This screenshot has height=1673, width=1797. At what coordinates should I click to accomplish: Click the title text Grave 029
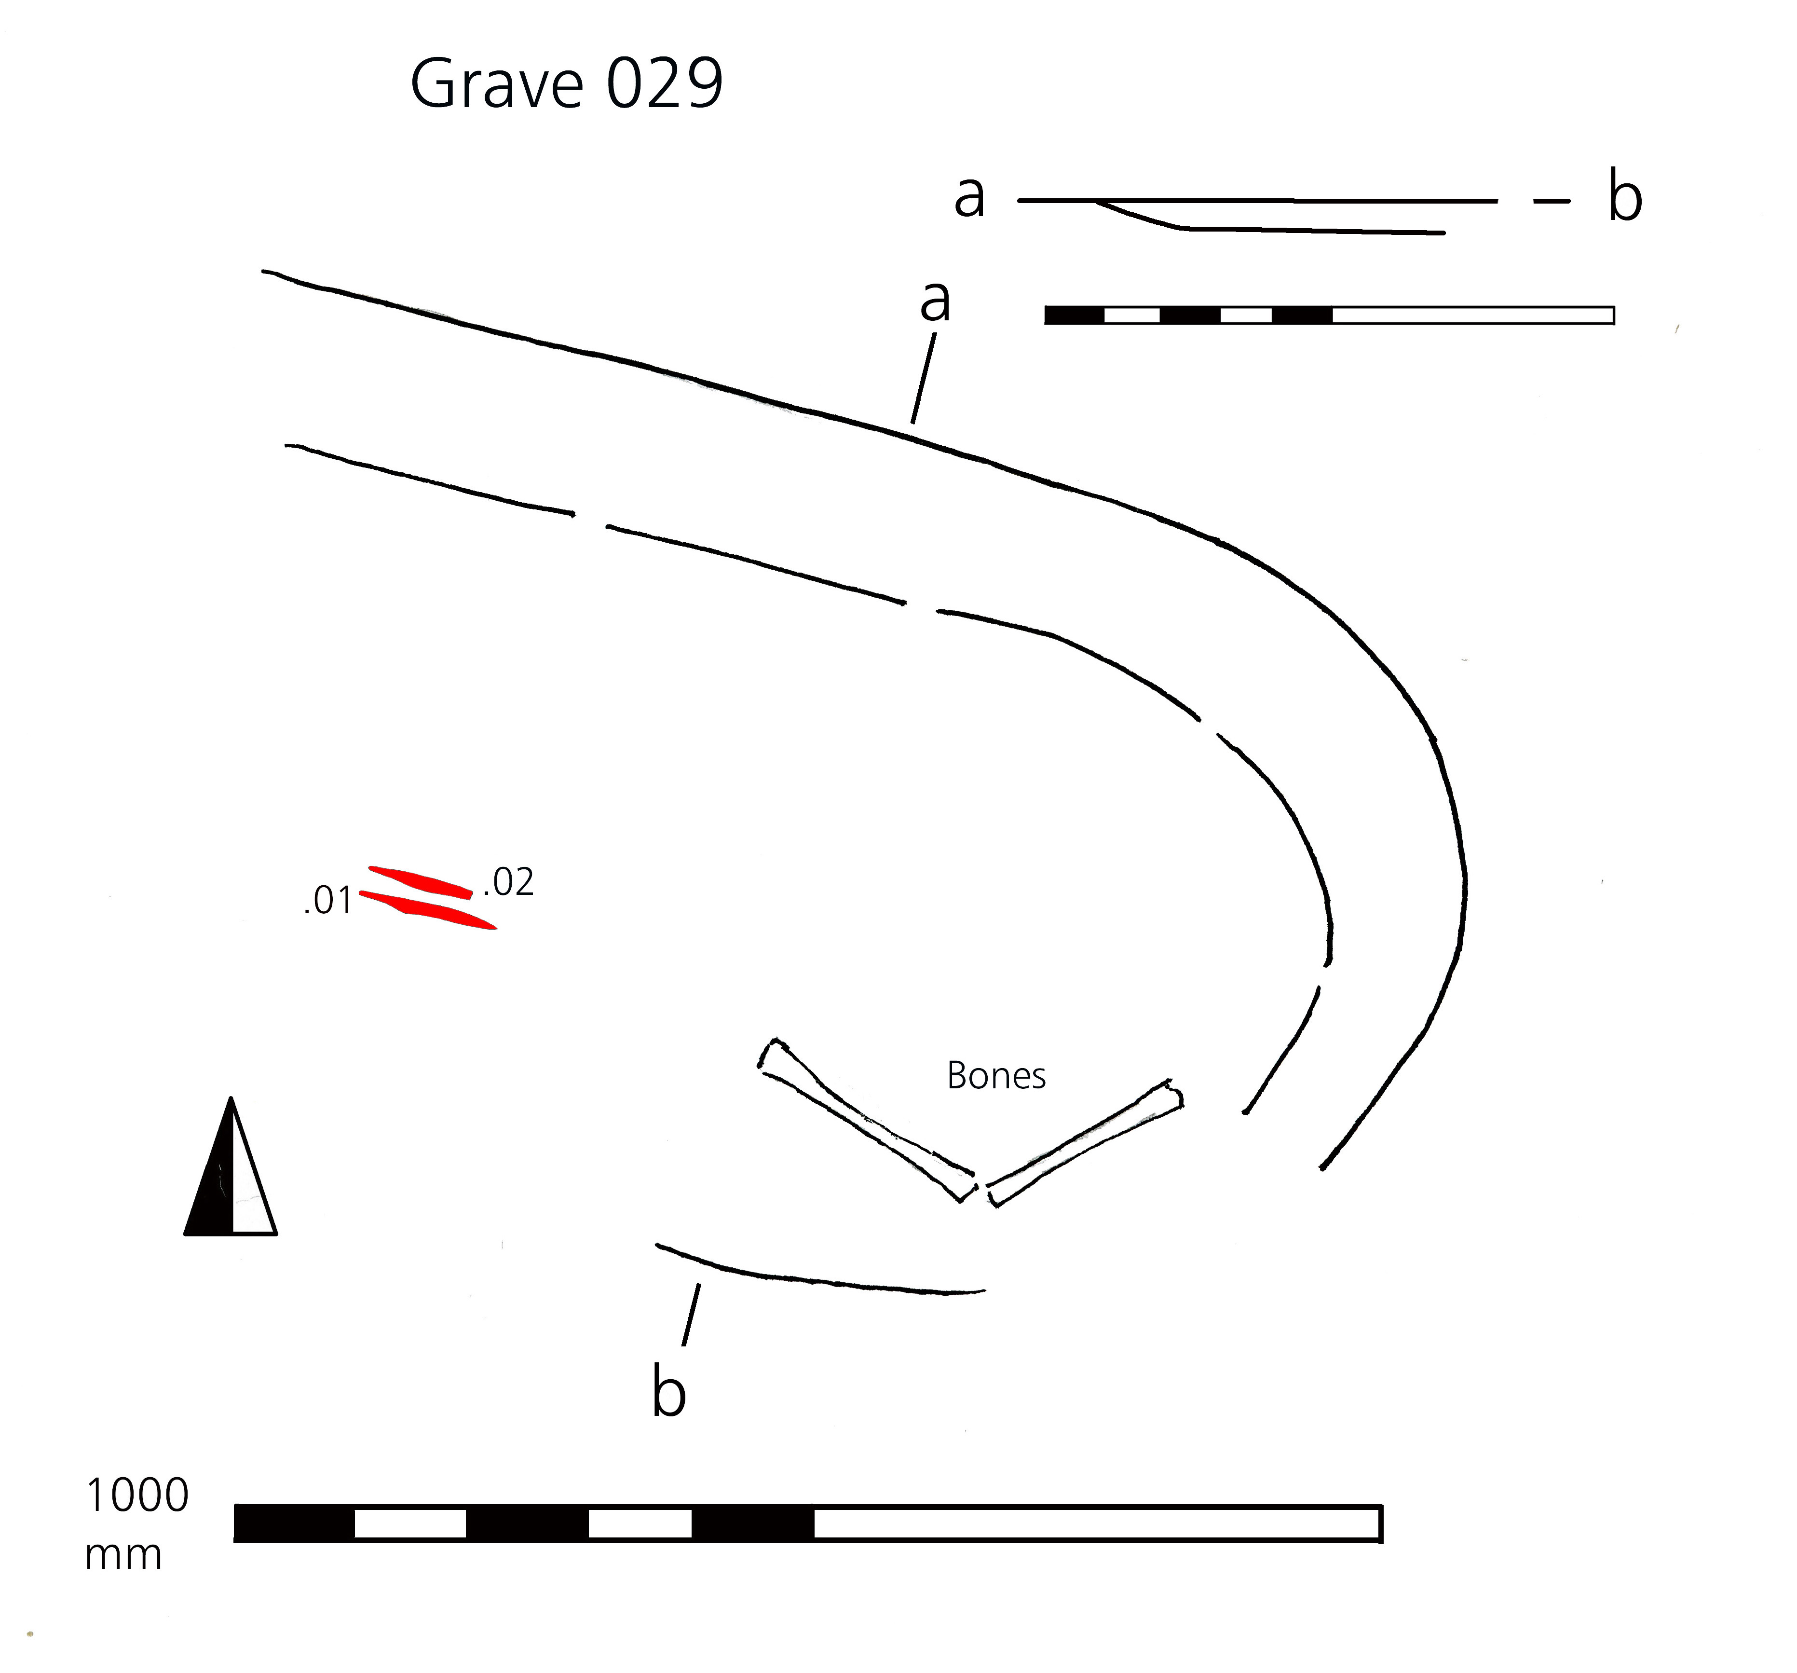[567, 84]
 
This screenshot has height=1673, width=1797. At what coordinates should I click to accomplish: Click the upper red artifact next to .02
[421, 882]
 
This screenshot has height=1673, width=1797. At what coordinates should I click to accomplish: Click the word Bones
[996, 1076]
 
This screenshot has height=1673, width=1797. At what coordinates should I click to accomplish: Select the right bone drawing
[1085, 1143]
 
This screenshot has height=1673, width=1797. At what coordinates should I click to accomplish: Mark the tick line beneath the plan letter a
[923, 379]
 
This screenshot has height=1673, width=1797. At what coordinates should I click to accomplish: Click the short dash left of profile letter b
[1552, 201]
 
